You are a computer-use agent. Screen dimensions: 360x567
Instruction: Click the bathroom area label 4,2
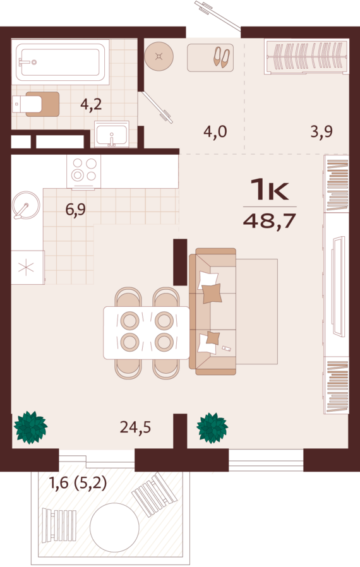pos(91,105)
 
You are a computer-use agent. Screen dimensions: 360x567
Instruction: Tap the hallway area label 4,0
pos(215,131)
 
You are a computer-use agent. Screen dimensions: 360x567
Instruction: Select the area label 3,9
pos(321,131)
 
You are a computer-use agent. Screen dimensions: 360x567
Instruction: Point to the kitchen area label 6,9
pos(76,209)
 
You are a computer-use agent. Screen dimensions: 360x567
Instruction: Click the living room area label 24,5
pos(135,427)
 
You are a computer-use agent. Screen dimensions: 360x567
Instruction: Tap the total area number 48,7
pos(270,220)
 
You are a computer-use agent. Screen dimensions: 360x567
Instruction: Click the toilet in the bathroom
pos(35,104)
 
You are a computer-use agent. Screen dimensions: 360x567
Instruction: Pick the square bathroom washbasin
pos(112,134)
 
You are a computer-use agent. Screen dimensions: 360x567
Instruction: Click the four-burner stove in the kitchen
pos(83,172)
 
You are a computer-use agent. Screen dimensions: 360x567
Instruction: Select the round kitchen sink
pos(26,205)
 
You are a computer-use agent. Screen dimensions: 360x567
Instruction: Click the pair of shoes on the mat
pos(222,57)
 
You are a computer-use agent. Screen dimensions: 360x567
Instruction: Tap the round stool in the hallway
pos(159,56)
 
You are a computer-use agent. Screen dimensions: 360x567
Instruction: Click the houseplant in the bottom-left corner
pos(31,427)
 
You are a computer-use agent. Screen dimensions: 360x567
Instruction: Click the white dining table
pos(147,333)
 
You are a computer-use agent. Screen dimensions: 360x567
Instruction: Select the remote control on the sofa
pos(227,349)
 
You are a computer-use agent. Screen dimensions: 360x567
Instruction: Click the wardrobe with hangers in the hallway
pos(307,56)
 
